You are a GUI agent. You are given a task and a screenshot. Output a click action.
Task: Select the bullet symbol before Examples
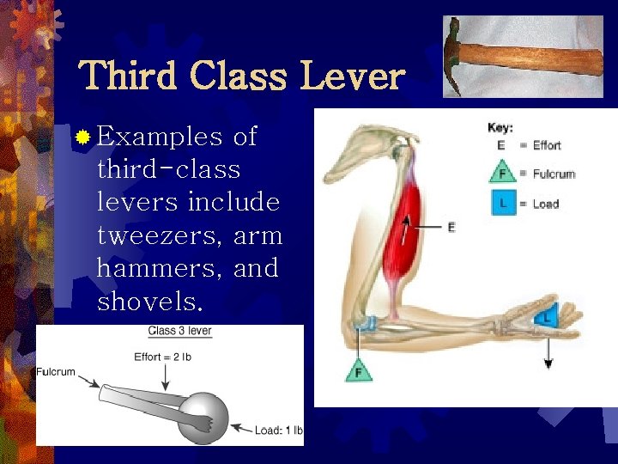click(82, 137)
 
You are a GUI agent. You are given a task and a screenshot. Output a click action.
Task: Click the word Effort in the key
click(547, 145)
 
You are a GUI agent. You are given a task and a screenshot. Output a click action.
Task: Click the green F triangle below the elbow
click(358, 371)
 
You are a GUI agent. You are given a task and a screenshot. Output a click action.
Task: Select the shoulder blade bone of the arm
click(360, 155)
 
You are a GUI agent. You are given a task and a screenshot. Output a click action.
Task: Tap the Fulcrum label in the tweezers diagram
click(56, 372)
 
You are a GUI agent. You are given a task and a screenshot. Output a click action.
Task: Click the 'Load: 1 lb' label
click(278, 430)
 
